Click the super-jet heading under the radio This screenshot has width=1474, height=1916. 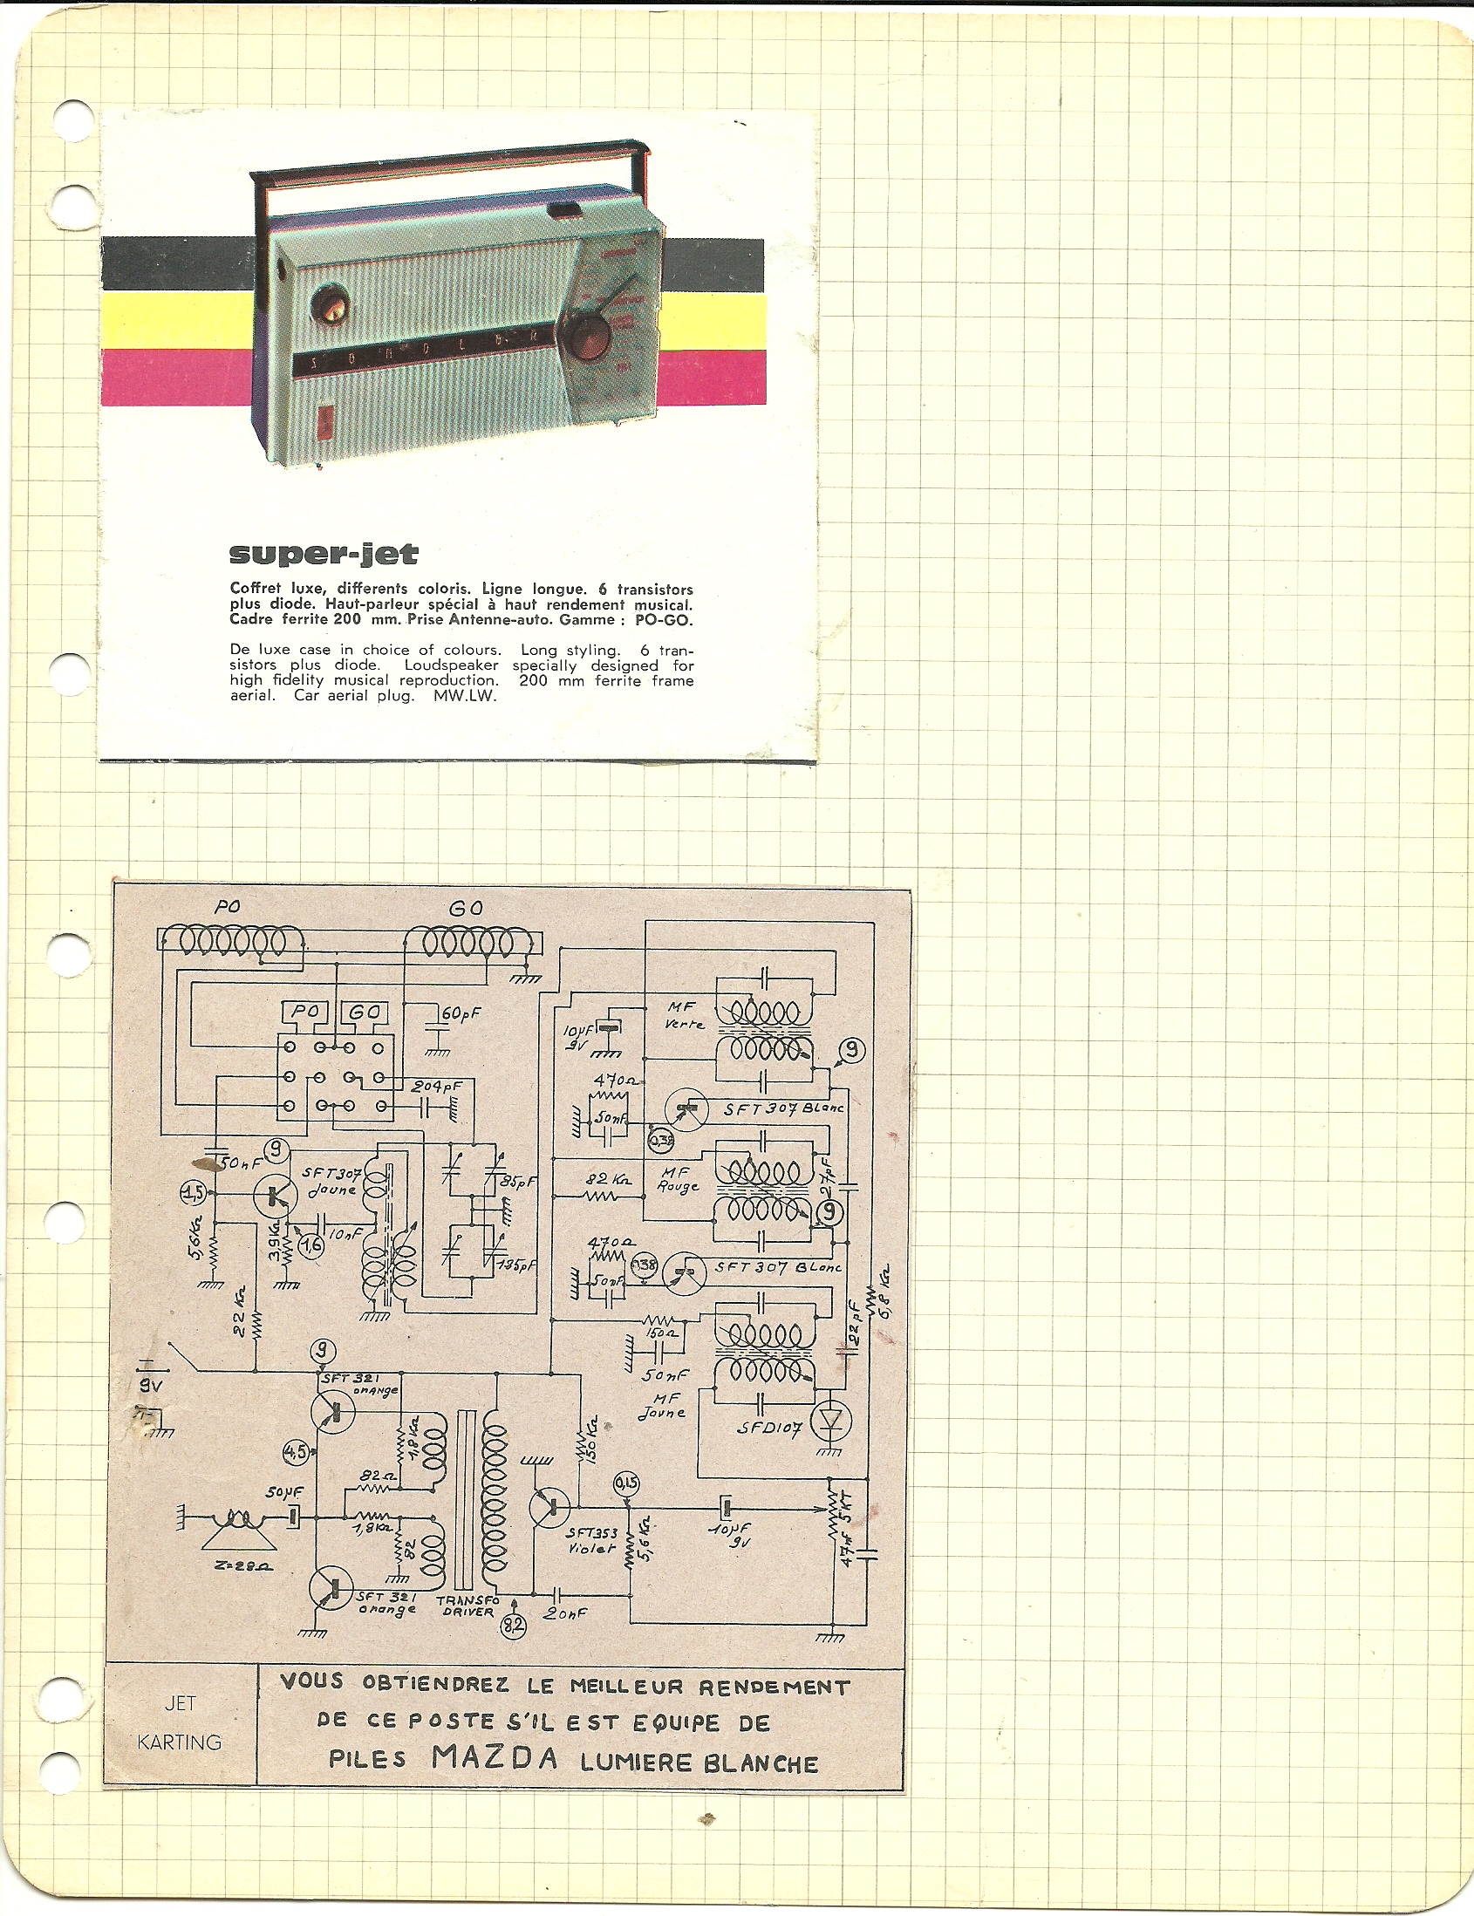pyautogui.click(x=323, y=555)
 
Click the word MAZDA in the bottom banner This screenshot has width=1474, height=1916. pyautogui.click(x=495, y=1759)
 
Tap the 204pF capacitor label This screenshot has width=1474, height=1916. pyautogui.click(x=436, y=1086)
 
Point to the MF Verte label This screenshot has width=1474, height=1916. pyautogui.click(x=680, y=1017)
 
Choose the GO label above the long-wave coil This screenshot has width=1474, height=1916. pyautogui.click(x=466, y=909)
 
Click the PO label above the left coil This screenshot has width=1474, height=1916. pyautogui.click(x=228, y=907)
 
